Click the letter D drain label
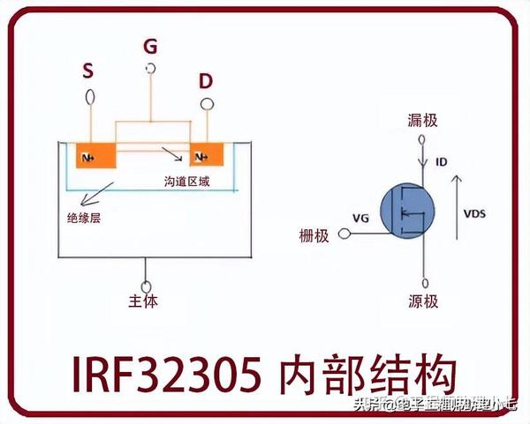tap(205, 82)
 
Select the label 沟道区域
tap(186, 181)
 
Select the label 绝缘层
tap(83, 217)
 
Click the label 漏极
tap(422, 121)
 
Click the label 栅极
tap(315, 235)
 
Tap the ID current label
tap(442, 162)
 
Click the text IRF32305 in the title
tap(159, 375)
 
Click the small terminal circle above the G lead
tap(151, 68)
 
